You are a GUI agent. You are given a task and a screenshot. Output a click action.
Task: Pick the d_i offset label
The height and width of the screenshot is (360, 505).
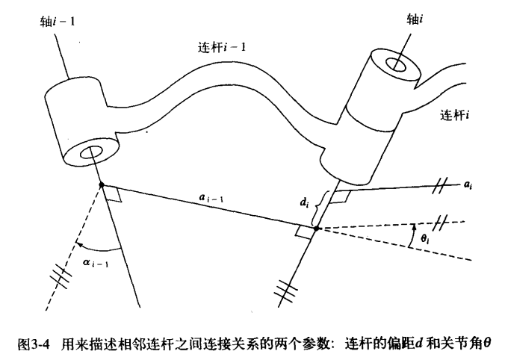click(303, 202)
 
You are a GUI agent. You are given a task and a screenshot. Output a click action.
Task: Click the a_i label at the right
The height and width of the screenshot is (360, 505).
click(468, 184)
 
